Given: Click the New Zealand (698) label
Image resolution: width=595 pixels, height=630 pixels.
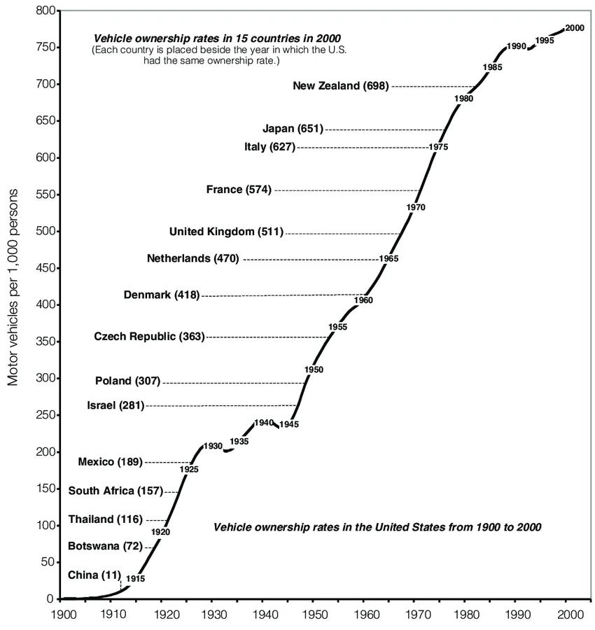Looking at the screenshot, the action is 341,85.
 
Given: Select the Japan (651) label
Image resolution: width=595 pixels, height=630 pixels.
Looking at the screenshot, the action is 293,129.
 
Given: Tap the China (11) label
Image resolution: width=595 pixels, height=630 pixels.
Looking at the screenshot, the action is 94,575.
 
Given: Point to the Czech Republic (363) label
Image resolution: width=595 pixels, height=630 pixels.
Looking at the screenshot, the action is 150,336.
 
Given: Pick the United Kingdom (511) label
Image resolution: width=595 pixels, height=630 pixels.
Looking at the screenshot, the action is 226,232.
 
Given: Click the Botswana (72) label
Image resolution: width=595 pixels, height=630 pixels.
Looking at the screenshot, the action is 105,546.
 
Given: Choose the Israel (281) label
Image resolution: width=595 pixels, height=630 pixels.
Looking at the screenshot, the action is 115,405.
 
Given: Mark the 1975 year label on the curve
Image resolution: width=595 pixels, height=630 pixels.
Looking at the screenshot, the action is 438,147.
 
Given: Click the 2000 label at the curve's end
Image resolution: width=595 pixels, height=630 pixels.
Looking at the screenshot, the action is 575,28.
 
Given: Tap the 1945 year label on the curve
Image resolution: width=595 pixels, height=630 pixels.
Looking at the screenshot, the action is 289,424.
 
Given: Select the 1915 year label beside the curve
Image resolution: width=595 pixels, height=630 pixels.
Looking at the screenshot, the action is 135,579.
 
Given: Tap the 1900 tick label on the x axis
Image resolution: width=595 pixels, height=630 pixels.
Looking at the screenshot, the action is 64,615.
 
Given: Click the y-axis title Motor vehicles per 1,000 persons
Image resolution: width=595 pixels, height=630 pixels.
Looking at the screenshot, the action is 13,287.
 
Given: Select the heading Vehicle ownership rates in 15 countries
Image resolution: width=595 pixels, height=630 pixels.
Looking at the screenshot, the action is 217,38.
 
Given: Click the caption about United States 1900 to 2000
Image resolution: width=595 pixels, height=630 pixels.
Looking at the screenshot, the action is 377,526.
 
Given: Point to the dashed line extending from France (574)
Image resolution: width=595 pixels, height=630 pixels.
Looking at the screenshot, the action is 347,190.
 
